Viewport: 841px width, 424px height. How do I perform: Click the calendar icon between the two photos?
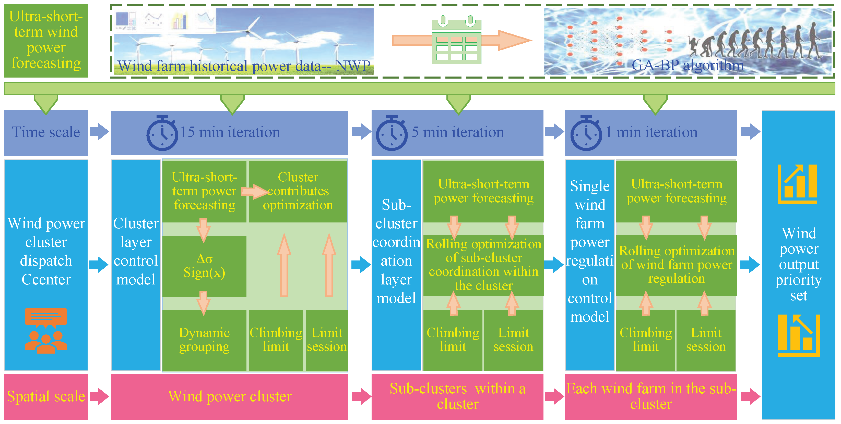[x=457, y=40]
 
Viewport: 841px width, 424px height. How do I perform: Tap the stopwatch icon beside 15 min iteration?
[x=162, y=133]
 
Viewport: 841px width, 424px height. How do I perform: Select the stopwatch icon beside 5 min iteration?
[x=392, y=133]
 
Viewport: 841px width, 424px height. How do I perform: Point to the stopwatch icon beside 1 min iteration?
[x=586, y=133]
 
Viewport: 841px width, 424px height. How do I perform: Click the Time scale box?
[x=46, y=133]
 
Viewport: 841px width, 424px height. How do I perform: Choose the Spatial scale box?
[x=46, y=397]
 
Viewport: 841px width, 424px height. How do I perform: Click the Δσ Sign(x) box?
[x=204, y=266]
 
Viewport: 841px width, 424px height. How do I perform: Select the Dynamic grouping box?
[x=204, y=340]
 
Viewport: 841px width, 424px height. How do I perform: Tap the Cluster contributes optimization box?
[x=298, y=191]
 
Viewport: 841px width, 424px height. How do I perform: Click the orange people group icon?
[x=46, y=330]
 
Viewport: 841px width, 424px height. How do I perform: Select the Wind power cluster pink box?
[x=230, y=397]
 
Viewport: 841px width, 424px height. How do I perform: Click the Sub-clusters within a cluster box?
[x=457, y=397]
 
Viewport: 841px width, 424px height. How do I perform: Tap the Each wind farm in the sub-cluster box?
[x=651, y=397]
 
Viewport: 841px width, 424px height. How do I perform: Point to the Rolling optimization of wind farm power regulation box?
[x=677, y=265]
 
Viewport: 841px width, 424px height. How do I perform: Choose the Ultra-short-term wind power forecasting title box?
[x=46, y=41]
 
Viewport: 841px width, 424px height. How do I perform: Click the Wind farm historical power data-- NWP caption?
[x=244, y=66]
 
